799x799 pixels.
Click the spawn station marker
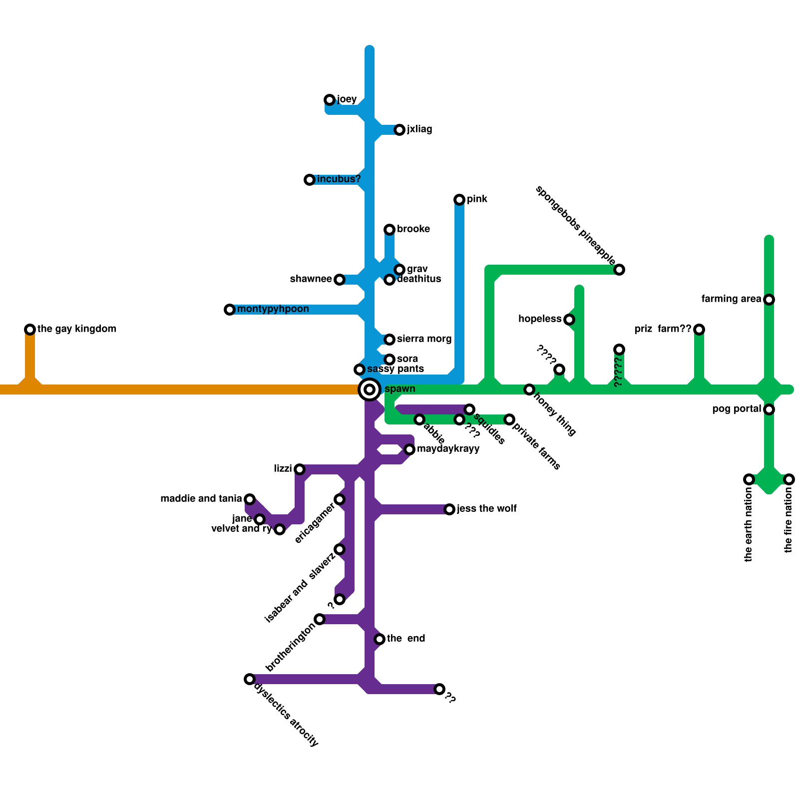click(x=370, y=390)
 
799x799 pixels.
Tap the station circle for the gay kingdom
click(x=30, y=330)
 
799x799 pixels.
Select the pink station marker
click(x=459, y=200)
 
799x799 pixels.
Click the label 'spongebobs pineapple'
click(x=575, y=225)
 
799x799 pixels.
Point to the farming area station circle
click(x=769, y=300)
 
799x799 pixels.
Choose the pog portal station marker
click(x=769, y=409)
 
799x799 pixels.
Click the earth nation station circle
click(x=749, y=479)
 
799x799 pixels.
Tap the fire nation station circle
click(x=789, y=479)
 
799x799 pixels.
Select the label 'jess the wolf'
click(x=487, y=509)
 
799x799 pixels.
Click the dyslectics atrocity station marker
click(x=250, y=679)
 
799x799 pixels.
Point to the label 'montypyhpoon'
click(x=273, y=309)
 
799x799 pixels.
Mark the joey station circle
click(x=330, y=100)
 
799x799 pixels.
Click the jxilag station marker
click(x=399, y=130)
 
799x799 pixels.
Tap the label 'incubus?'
click(x=339, y=179)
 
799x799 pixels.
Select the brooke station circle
click(x=390, y=230)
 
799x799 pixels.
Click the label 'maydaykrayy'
click(x=448, y=449)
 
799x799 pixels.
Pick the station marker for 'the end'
click(x=380, y=639)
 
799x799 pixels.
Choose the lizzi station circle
click(x=300, y=469)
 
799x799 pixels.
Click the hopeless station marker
click(x=569, y=320)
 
